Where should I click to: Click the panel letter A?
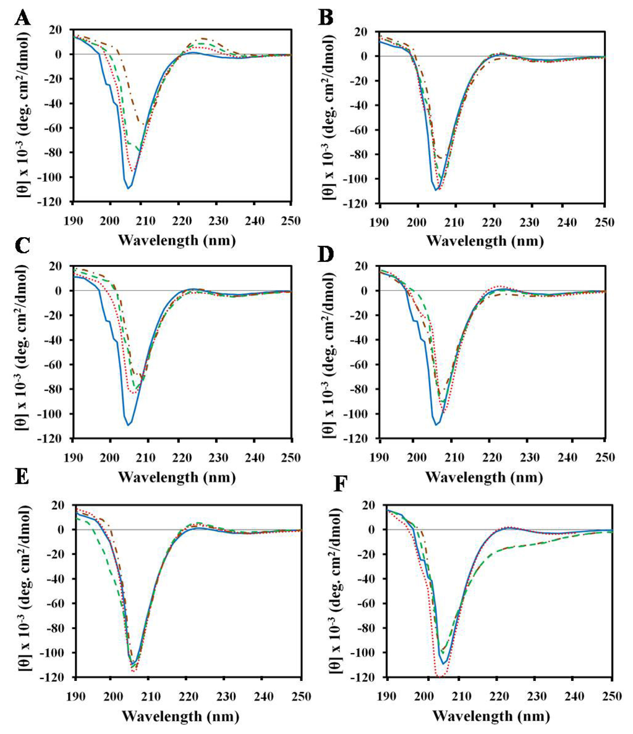(22, 19)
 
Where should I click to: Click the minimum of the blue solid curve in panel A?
(128, 188)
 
